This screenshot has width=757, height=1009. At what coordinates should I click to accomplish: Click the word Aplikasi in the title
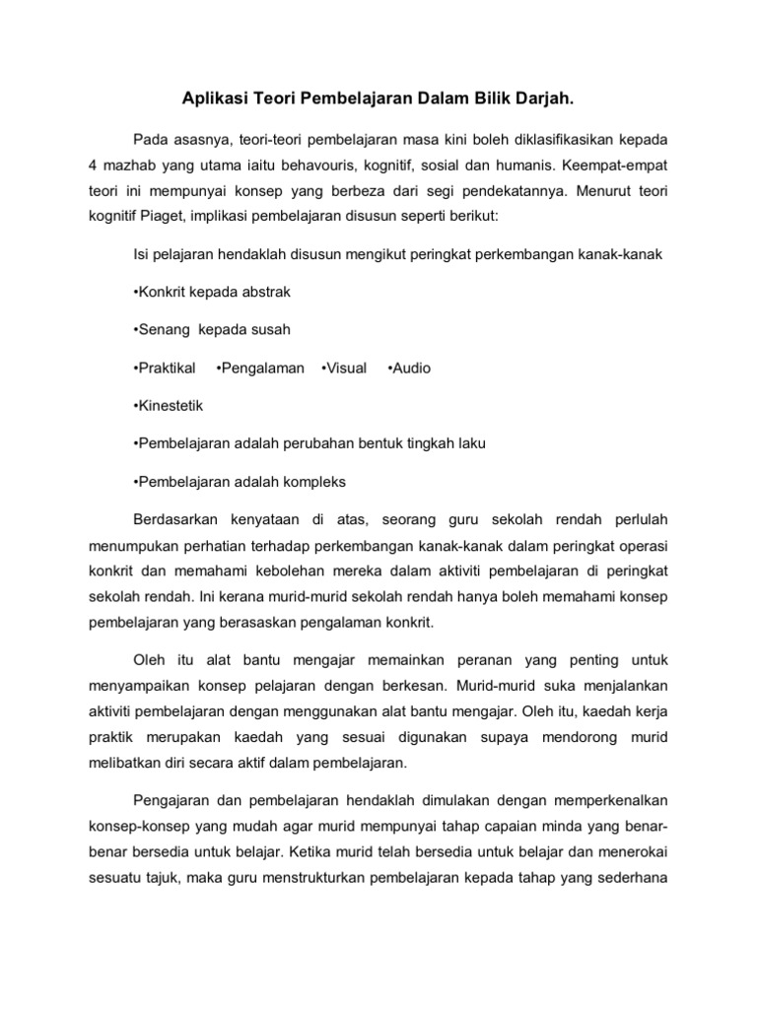coord(214,100)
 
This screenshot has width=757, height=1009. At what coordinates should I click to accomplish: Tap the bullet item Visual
coord(344,368)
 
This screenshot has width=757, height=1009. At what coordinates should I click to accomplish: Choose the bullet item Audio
coord(409,368)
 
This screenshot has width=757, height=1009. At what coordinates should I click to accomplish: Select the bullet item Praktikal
coord(164,368)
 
